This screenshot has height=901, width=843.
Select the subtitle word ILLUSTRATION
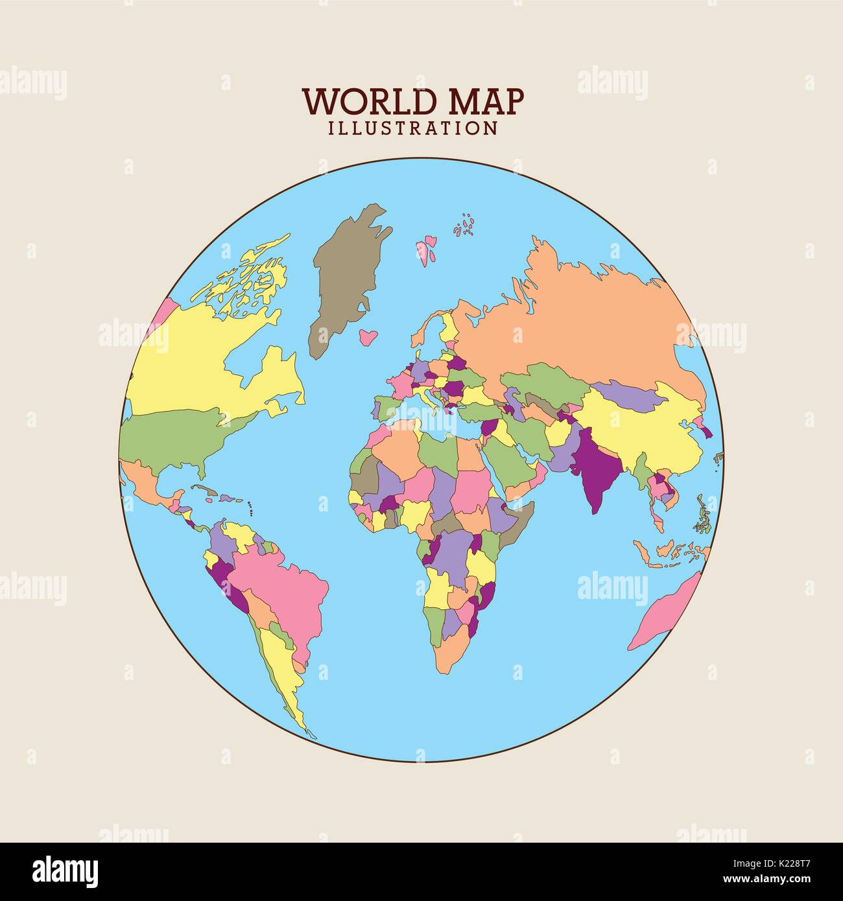point(413,128)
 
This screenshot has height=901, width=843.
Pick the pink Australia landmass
point(668,613)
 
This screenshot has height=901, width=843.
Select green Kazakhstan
point(551,382)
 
